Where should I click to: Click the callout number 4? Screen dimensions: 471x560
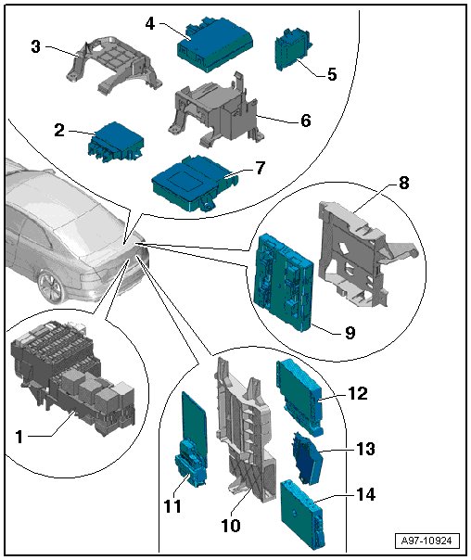pos(150,24)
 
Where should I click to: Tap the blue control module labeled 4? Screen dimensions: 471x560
pos(215,44)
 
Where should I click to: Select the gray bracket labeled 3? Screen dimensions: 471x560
pos(114,64)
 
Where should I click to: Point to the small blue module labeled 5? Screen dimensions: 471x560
pos(293,49)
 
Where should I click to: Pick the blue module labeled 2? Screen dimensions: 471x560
pos(116,142)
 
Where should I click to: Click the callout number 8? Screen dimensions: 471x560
pos(403,184)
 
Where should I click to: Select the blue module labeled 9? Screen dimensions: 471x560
pos(285,282)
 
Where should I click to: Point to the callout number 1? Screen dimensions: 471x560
pos(19,437)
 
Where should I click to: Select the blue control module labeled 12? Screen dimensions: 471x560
pos(300,397)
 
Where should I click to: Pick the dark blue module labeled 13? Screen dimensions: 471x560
pos(306,459)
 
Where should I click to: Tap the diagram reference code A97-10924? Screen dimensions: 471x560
pos(426,541)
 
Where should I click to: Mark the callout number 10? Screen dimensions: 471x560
pos(231,525)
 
